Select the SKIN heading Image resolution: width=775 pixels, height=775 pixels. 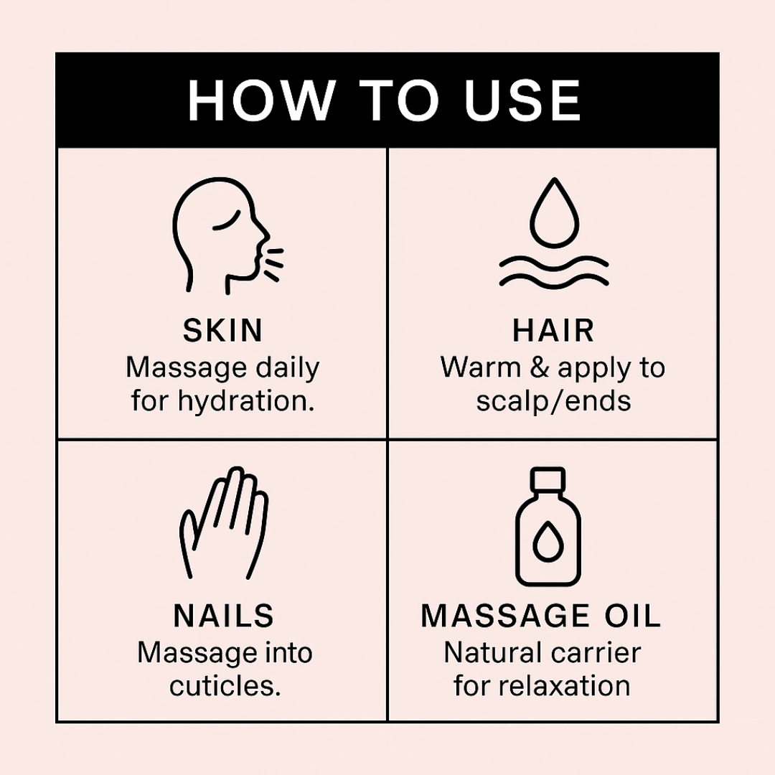point(223,330)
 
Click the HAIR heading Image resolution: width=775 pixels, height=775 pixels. point(553,330)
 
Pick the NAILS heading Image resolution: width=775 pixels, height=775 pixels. point(223,616)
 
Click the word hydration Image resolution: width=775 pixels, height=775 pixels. point(246,400)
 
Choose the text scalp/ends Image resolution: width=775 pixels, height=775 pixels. point(553,400)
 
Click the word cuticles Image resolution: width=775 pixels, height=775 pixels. point(225,686)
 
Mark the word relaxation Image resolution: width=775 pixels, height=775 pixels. point(564,686)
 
